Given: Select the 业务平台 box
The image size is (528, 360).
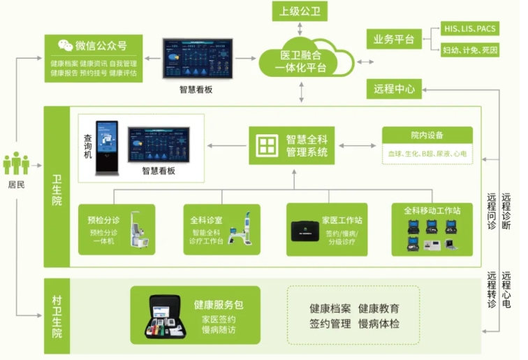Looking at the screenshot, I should click(394, 39).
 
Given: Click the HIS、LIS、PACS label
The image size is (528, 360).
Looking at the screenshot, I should click(471, 29).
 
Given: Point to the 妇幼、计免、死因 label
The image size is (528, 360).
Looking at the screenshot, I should click(471, 50).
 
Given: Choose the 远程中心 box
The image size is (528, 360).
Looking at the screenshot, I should click(394, 89).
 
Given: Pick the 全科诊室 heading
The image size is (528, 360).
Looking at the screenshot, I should click(206, 220).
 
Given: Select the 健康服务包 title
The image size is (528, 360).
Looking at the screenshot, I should click(218, 305).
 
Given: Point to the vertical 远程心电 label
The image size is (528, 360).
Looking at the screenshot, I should click(506, 289).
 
